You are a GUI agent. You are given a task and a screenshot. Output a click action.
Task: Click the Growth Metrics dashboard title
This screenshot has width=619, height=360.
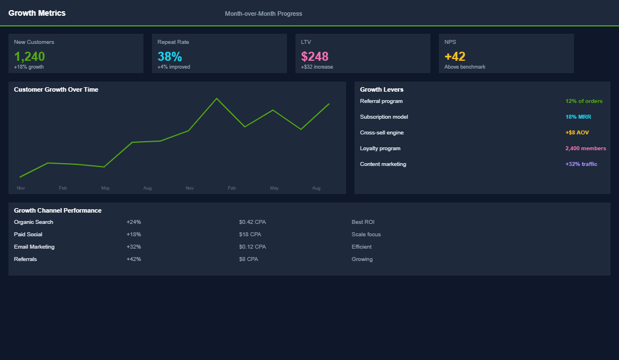pos(37,13)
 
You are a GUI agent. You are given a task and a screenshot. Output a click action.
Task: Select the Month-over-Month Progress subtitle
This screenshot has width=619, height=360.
pos(263,13)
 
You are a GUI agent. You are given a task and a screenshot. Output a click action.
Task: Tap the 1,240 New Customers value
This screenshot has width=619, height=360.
pos(29,56)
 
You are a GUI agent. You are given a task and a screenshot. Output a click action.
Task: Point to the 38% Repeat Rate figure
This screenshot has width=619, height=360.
pos(169,56)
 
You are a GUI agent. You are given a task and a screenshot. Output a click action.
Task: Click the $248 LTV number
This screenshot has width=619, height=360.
pos(315,56)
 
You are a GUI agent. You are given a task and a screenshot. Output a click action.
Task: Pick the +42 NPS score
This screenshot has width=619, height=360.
pos(455,56)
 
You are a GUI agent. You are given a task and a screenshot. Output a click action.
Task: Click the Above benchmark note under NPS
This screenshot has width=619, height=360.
pos(465,67)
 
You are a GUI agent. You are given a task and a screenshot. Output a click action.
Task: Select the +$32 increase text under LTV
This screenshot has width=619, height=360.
pos(317,67)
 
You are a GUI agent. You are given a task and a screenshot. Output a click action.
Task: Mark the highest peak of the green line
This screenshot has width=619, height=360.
pos(217,98)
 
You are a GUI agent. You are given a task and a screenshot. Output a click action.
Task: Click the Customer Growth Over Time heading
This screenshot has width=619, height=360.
pos(56,89)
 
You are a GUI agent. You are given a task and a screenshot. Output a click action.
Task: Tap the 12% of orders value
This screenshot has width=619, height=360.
pos(584,101)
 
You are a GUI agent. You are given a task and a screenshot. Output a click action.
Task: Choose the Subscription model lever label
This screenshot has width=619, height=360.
pos(384,117)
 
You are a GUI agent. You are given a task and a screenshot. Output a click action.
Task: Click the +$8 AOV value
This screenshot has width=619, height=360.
pos(577,133)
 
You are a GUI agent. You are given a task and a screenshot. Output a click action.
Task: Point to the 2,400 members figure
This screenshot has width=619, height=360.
pos(585,148)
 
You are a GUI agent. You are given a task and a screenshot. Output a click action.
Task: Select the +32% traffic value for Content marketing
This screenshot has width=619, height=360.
pos(581,164)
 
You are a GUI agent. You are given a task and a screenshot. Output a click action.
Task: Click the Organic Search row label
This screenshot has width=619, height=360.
pos(34,222)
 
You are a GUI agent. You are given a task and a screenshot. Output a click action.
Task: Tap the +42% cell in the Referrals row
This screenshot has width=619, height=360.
pos(134,259)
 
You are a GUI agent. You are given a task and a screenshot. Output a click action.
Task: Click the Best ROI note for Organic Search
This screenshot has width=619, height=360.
pos(363,222)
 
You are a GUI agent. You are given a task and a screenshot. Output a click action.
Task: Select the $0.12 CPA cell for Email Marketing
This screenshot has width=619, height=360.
pos(252,247)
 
